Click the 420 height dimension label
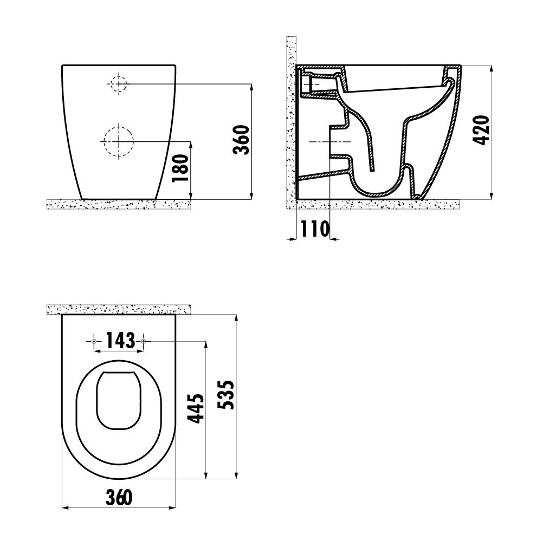tap(481, 130)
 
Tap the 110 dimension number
tap(315, 229)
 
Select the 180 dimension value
tap(181, 168)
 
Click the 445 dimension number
tap(196, 408)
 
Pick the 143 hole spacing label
tap(120, 340)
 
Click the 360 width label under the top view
tap(119, 497)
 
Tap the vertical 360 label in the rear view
tap(242, 140)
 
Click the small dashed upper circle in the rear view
tap(119, 83)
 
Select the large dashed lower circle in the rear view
tap(119, 141)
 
